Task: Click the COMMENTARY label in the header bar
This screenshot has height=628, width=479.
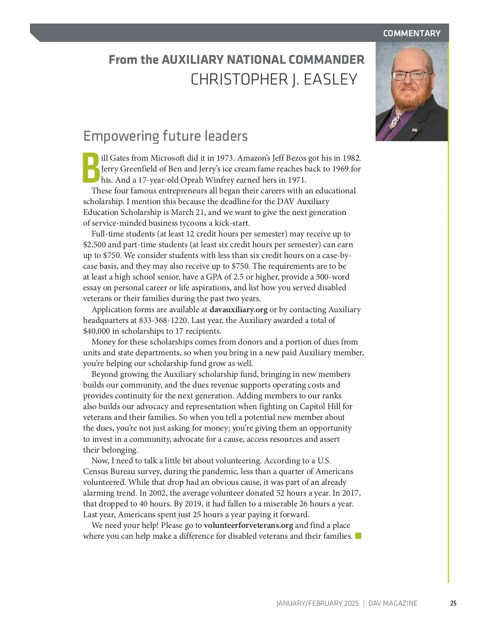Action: [x=412, y=33]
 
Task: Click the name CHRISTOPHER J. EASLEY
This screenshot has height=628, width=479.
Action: [x=274, y=79]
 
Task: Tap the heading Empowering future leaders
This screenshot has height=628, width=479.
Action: [x=165, y=136]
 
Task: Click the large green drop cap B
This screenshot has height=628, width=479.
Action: [x=91, y=168]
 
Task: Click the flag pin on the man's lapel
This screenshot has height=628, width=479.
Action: [x=415, y=130]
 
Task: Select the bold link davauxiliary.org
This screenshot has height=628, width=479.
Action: [x=238, y=309]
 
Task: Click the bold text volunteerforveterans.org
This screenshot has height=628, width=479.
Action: [x=248, y=525]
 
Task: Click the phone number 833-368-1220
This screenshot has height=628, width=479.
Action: [x=164, y=320]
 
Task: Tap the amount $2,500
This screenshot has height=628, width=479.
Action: [x=94, y=244]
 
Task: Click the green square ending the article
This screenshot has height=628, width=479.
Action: [x=358, y=536]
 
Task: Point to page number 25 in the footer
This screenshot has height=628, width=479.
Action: [x=453, y=603]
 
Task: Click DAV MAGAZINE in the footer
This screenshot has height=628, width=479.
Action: [x=393, y=603]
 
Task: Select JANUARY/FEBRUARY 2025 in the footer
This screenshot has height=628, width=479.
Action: [x=318, y=603]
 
